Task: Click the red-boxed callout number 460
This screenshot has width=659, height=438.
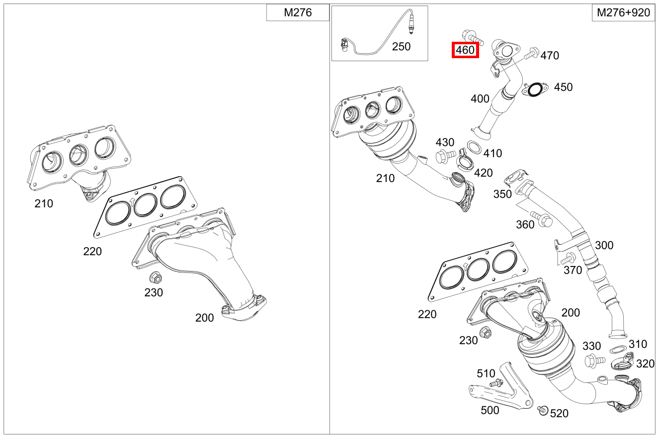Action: click(x=465, y=50)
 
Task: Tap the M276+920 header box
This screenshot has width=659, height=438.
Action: click(x=623, y=13)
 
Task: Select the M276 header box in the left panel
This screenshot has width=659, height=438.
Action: click(x=298, y=13)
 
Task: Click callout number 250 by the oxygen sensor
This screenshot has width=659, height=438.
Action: click(x=401, y=47)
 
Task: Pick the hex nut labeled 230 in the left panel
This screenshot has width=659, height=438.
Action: click(x=154, y=276)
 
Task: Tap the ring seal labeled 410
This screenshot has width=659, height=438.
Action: click(x=474, y=147)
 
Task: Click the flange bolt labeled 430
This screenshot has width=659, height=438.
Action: click(x=444, y=156)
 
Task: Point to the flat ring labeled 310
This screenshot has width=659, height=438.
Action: click(x=618, y=350)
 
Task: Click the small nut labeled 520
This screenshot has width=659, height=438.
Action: click(x=543, y=410)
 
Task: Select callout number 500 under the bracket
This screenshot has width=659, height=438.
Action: click(x=491, y=411)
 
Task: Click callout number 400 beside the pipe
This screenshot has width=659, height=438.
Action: click(x=480, y=99)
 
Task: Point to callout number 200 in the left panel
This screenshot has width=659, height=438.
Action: click(x=204, y=318)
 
